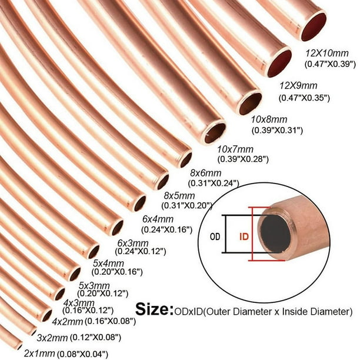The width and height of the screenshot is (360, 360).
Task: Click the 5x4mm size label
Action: pyautogui.click(x=107, y=263)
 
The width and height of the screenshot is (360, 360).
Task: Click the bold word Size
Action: pyautogui.click(x=154, y=308)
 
